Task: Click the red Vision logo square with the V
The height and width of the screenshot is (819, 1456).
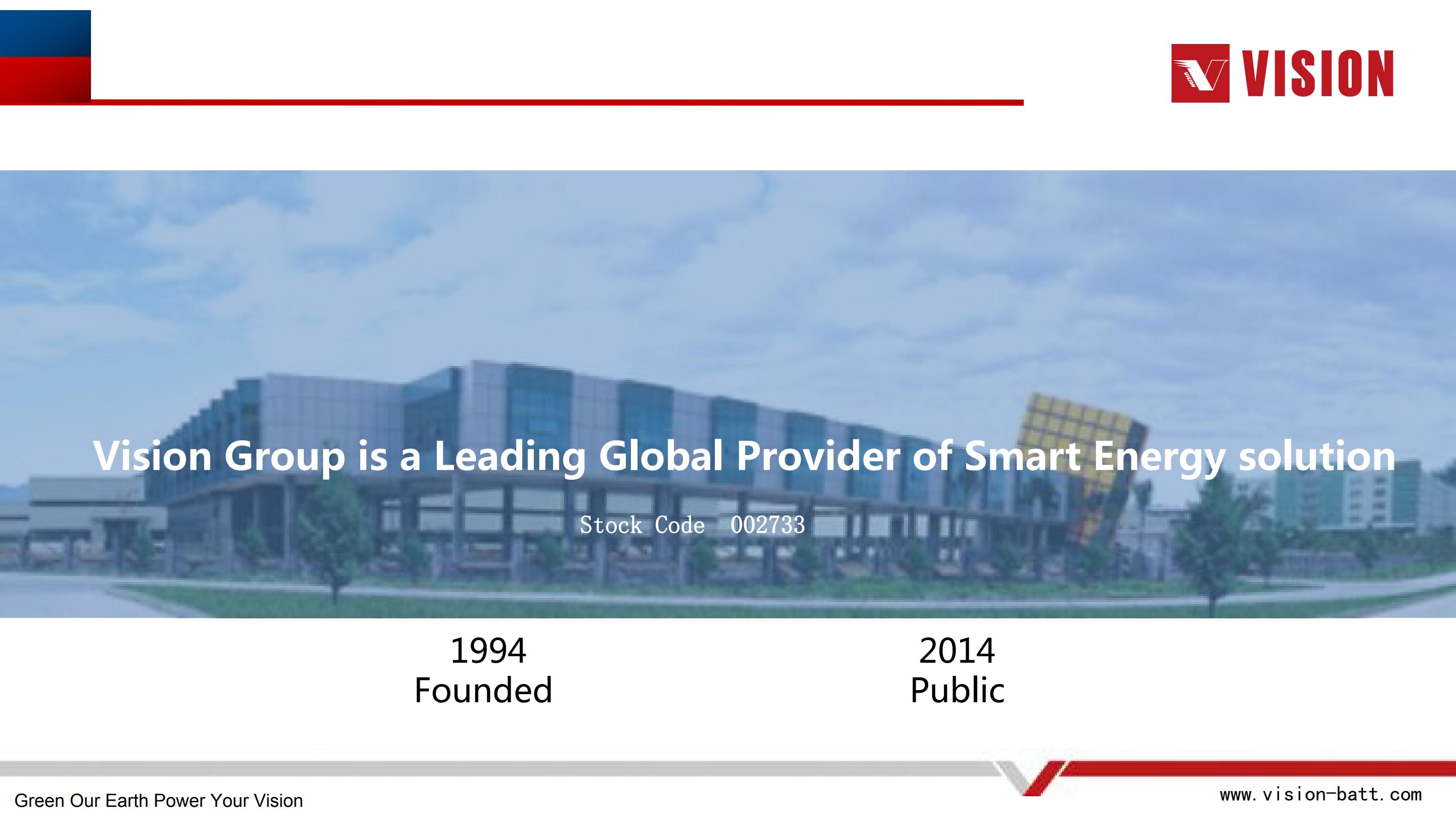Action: tap(1200, 73)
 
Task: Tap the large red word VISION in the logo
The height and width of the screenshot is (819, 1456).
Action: tap(1317, 73)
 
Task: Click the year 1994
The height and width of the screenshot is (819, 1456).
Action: tap(488, 651)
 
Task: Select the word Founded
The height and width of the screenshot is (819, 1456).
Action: tap(483, 690)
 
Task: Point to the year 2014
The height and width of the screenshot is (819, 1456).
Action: tap(957, 651)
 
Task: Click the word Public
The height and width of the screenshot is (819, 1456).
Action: tap(958, 690)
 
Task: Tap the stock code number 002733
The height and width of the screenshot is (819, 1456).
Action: tap(767, 525)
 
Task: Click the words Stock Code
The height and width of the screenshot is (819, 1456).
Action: tap(642, 525)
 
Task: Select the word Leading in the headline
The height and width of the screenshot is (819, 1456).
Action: tap(510, 457)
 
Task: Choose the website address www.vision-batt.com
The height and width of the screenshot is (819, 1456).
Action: tap(1321, 795)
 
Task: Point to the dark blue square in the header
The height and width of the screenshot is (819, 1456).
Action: tap(45, 33)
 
